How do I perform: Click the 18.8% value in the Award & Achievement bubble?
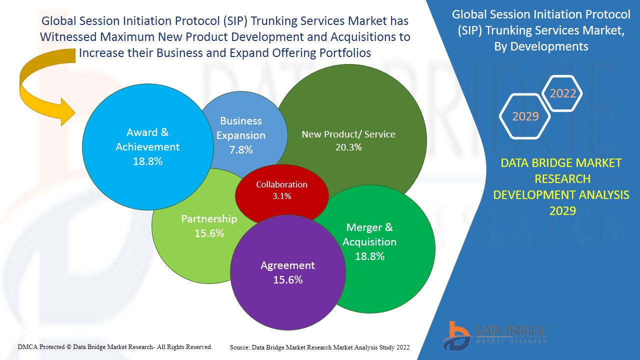[x=147, y=161]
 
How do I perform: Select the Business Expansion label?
[x=241, y=128]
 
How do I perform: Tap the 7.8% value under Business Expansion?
[x=241, y=149]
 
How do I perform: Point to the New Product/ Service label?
[x=348, y=134]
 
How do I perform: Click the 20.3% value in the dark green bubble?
[x=348, y=147]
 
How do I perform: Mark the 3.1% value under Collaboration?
[x=281, y=196]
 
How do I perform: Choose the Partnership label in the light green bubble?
[x=209, y=219]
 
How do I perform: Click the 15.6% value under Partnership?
[x=209, y=233]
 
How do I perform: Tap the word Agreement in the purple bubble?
[x=287, y=265]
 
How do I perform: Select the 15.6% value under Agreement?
[x=287, y=280]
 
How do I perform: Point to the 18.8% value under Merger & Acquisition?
[x=369, y=256]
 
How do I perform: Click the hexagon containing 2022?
[x=562, y=93]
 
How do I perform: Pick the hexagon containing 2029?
[x=525, y=116]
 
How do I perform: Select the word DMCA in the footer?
[x=27, y=346]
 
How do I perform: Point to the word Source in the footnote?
[x=239, y=347]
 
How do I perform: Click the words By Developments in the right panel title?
[x=540, y=46]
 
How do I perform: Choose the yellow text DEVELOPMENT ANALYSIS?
[x=561, y=195]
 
